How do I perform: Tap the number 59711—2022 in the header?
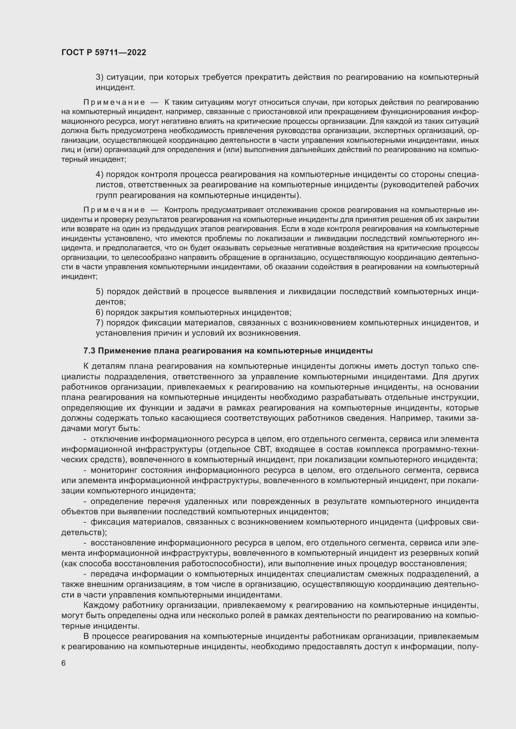(120, 52)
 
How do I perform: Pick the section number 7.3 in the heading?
(89, 351)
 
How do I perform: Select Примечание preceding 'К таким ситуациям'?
(114, 102)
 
